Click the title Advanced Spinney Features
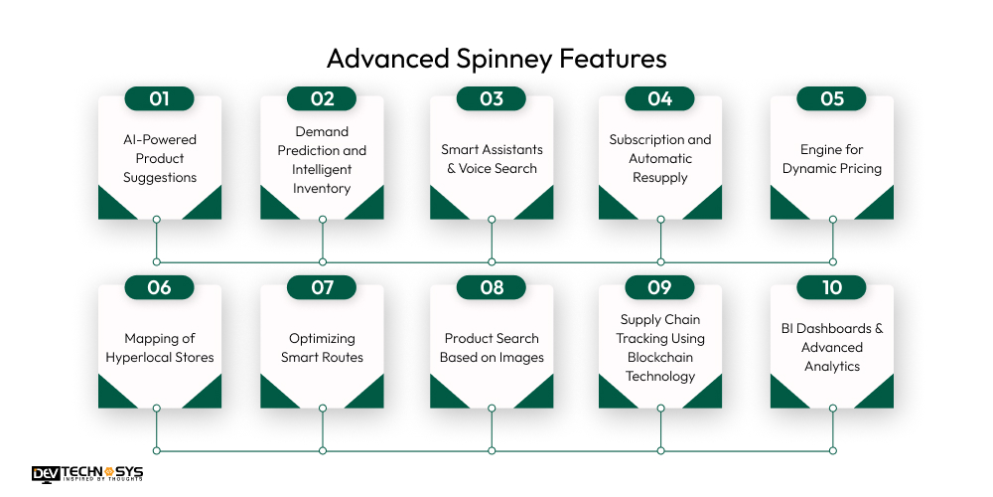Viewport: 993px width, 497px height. [x=496, y=59]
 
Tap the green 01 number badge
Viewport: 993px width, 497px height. [x=159, y=98]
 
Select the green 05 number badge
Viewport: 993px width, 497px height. [x=832, y=98]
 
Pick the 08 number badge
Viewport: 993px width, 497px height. [x=492, y=287]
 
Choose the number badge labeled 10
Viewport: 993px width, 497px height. [x=832, y=287]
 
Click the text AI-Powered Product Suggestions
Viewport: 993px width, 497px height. [x=160, y=158]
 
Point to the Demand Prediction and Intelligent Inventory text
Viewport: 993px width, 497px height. [x=322, y=159]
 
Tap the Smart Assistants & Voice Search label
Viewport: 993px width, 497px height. [x=492, y=159]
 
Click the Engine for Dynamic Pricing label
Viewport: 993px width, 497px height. [x=832, y=159]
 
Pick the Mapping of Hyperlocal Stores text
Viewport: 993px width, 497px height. [x=160, y=348]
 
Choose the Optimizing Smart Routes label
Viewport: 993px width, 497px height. [x=322, y=348]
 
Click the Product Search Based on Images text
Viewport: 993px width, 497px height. [x=492, y=348]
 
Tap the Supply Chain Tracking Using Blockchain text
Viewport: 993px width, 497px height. [x=660, y=348]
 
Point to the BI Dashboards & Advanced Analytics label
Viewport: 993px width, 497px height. [x=832, y=348]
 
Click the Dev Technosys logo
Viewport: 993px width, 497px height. [x=87, y=474]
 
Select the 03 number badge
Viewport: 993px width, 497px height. [x=492, y=98]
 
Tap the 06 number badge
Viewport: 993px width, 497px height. [x=159, y=287]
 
